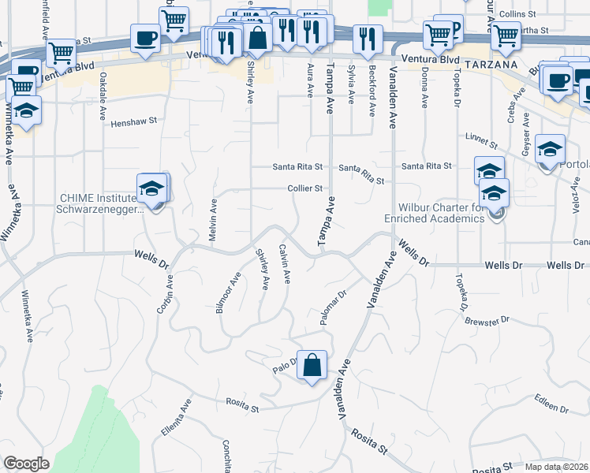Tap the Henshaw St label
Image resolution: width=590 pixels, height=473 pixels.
coord(134,123)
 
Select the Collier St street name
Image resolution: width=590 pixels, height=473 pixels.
coord(305,188)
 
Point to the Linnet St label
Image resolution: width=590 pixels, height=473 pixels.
coord(480,142)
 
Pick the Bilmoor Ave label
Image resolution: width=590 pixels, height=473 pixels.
coord(228,294)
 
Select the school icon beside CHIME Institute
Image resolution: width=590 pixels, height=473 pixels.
coord(151,189)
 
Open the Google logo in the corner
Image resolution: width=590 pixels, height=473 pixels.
coord(26,464)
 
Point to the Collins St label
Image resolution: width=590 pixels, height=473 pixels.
coord(517,14)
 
